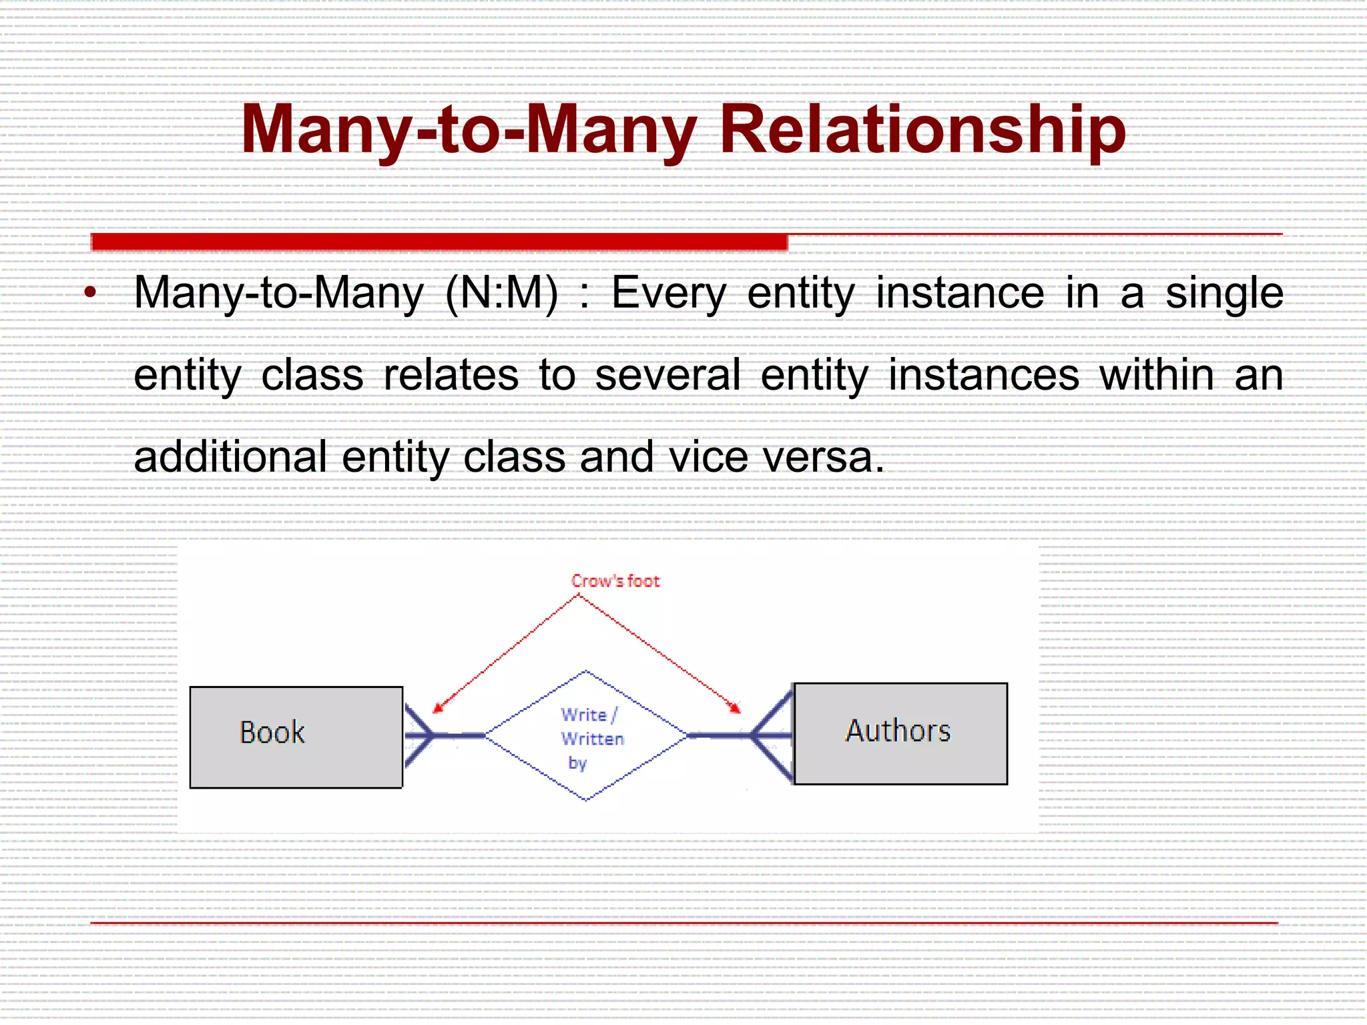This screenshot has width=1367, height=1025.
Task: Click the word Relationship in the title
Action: click(x=922, y=130)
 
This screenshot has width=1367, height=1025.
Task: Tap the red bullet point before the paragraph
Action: click(x=91, y=292)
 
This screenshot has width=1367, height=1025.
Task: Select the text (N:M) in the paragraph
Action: click(x=501, y=294)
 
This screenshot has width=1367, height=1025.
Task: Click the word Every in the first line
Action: click(x=668, y=294)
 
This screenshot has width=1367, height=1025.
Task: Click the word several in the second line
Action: click(x=667, y=375)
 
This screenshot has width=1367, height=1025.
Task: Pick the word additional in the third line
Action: click(x=230, y=457)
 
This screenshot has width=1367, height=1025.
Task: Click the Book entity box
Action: click(x=296, y=737)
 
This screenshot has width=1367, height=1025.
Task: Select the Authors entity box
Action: click(x=900, y=733)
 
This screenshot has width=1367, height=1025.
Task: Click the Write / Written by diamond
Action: click(x=585, y=735)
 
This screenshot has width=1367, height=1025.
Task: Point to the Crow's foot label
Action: click(x=615, y=581)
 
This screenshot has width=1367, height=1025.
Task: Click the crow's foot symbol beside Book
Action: click(x=419, y=735)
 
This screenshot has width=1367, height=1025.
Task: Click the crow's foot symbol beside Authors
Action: click(x=773, y=735)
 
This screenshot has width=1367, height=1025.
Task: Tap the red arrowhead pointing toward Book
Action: click(x=438, y=708)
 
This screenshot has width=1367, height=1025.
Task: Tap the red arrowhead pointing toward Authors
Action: click(x=735, y=708)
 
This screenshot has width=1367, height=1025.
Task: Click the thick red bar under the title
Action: click(x=439, y=242)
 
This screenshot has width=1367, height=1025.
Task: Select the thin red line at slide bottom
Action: click(x=683, y=923)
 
